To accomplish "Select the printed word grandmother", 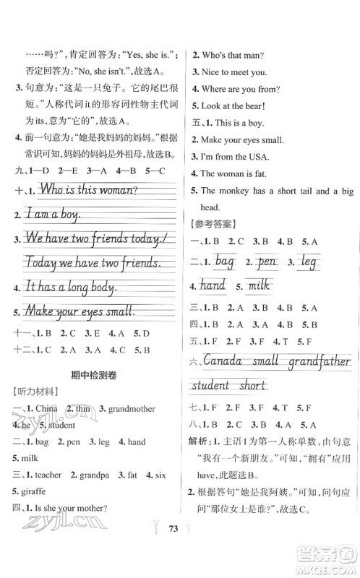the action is [x=131, y=408].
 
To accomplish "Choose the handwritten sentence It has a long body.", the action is [x=70, y=287].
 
